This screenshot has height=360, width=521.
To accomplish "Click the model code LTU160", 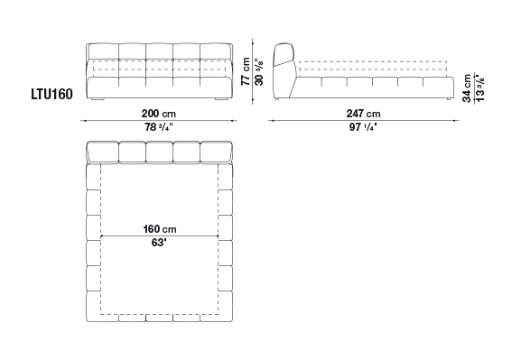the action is pyautogui.click(x=51, y=95).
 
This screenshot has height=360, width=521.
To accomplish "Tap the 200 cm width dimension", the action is pyautogui.click(x=159, y=114).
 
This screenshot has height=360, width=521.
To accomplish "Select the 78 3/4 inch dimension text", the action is pyautogui.click(x=159, y=127).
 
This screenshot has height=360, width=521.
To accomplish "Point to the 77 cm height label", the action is pyautogui.click(x=246, y=71).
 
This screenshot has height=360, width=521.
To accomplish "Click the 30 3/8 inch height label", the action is pyautogui.click(x=259, y=72).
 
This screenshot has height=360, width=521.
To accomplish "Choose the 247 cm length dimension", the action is pyautogui.click(x=364, y=114).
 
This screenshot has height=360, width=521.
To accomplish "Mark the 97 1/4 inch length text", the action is pyautogui.click(x=363, y=127).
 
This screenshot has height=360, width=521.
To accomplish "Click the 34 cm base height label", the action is pyautogui.click(x=467, y=88).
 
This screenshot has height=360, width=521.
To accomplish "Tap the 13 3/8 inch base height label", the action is pyautogui.click(x=479, y=88).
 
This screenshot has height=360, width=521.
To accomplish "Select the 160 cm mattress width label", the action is pyautogui.click(x=160, y=229).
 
